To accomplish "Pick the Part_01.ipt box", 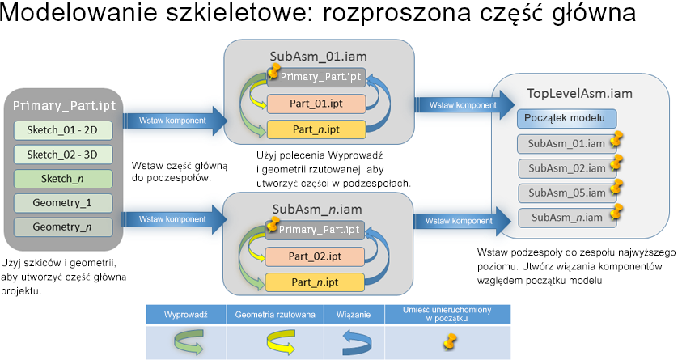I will [x=316, y=104].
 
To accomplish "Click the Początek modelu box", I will [x=566, y=119].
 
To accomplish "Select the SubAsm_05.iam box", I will [x=566, y=193].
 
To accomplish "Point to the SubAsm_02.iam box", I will [x=566, y=168].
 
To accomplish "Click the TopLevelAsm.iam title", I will [x=579, y=93].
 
